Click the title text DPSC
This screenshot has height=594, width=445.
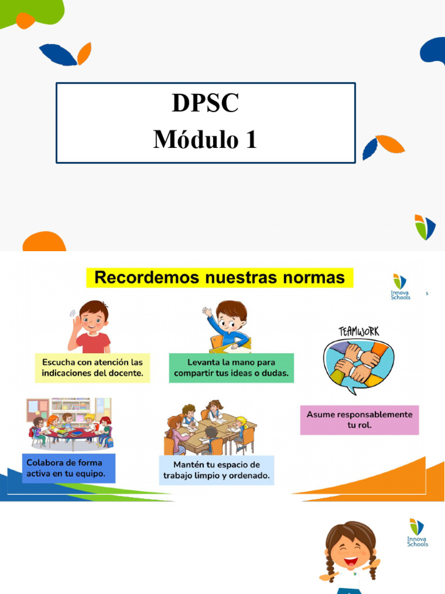[x=205, y=103]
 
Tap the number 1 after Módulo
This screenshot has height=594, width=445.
[x=250, y=140]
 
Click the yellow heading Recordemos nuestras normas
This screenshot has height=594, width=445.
[x=220, y=278]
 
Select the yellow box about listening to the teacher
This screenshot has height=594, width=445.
[x=92, y=367]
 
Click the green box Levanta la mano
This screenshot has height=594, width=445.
[x=231, y=367]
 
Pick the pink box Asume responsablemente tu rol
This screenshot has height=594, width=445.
[x=359, y=419]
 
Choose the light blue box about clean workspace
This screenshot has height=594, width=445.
[x=216, y=470]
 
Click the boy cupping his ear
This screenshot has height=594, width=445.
[x=90, y=327]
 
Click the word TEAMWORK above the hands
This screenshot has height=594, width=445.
[x=359, y=331]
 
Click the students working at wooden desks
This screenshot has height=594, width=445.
[x=210, y=428]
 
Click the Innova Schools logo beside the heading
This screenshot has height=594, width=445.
[x=400, y=287]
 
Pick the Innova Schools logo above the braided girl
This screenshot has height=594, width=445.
[x=417, y=533]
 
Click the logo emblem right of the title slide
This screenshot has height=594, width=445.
[x=424, y=227]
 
